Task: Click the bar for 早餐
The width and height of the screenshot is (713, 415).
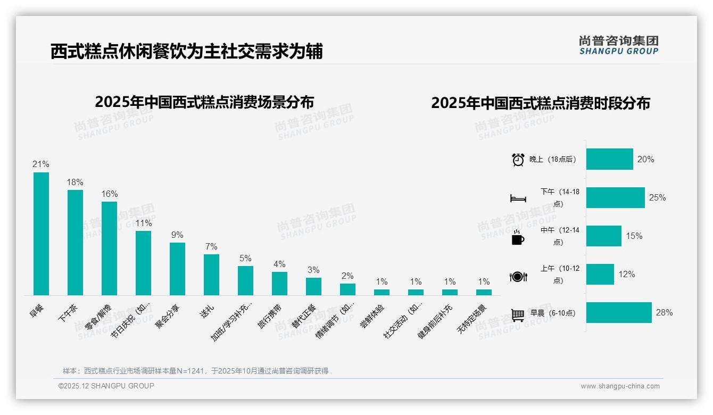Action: [x=41, y=234]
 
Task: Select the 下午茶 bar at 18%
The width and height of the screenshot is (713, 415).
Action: [x=75, y=243]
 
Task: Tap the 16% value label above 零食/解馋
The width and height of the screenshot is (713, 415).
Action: [x=109, y=194]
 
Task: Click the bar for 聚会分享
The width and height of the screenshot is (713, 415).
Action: [x=177, y=269]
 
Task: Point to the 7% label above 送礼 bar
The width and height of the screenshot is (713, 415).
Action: [x=211, y=246]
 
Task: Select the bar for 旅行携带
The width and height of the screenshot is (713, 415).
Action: [x=279, y=284]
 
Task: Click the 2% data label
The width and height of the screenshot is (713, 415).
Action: [x=347, y=276]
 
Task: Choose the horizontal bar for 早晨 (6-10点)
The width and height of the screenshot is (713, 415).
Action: [x=619, y=312]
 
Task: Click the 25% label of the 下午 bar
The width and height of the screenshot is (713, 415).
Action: [x=657, y=197]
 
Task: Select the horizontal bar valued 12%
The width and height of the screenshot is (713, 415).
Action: [x=600, y=274]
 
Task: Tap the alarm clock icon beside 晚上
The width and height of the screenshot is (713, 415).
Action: [x=518, y=160]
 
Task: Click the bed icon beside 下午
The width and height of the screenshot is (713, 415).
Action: [x=518, y=198]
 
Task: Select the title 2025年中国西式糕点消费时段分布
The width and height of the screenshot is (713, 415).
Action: [x=541, y=103]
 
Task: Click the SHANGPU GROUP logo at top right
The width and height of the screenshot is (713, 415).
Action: [x=618, y=45]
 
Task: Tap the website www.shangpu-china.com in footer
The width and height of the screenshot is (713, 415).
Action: [x=620, y=386]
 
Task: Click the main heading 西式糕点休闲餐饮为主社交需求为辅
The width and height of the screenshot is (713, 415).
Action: [x=187, y=52]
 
